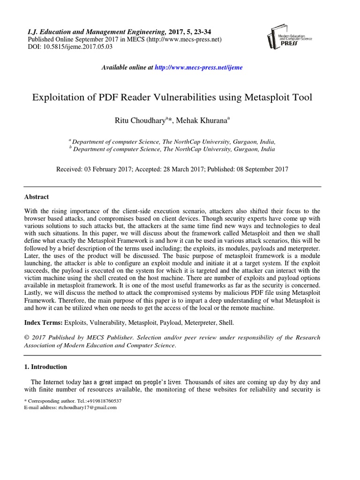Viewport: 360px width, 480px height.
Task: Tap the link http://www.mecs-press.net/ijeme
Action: point(199,67)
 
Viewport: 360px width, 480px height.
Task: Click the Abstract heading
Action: point(37,197)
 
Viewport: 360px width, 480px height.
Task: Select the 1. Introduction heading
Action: point(45,367)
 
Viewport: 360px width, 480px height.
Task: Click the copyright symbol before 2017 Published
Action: point(27,337)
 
